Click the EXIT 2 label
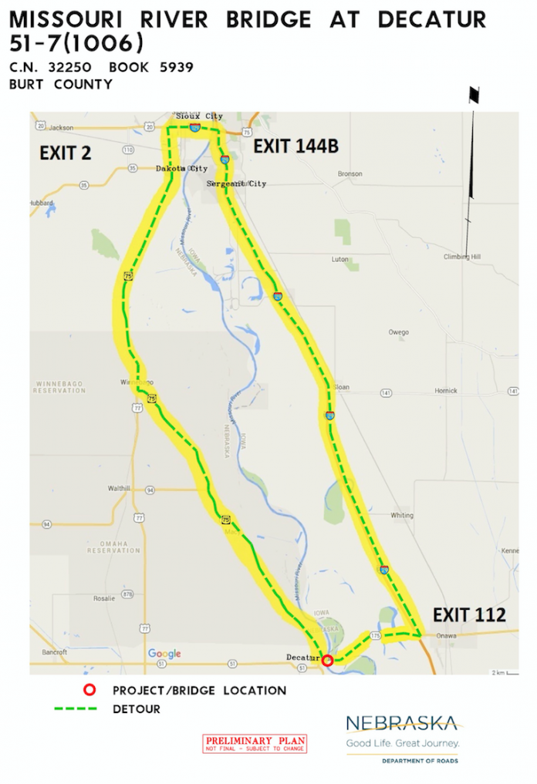[66, 153]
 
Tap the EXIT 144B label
[296, 146]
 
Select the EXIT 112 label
[469, 614]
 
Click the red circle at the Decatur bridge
[328, 661]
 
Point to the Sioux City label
[198, 116]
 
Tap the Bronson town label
[350, 174]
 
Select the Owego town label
[398, 332]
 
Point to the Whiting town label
[401, 515]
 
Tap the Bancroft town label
[55, 652]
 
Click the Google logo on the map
[164, 654]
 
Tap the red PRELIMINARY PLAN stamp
[255, 743]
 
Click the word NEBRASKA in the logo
[400, 724]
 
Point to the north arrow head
[474, 96]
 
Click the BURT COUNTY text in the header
[61, 84]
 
